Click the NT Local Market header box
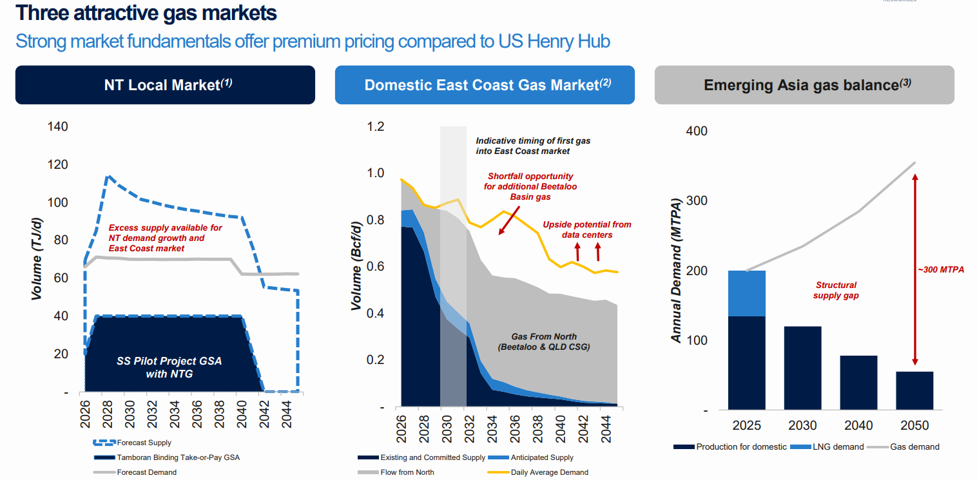coord(165,85)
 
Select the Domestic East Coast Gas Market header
coord(485,85)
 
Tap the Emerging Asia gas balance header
coord(804,85)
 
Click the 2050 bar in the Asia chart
coord(914,390)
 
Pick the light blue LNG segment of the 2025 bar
coord(747,293)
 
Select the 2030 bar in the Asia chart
coord(802,368)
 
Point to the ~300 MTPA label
coord(941,270)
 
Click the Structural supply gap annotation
coord(836,291)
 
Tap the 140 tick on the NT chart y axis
coord(57,127)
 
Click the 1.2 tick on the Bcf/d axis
coord(376,127)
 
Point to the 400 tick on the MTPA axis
coord(697,131)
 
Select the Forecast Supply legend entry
coord(132,443)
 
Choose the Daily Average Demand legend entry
coord(537,472)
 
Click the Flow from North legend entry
coord(396,472)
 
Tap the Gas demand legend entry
coord(904,447)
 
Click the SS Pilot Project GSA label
coord(169,367)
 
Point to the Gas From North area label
coord(544,341)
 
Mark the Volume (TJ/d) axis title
coord(37,259)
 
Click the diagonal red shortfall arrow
coord(509,220)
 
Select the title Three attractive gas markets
coord(146,13)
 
